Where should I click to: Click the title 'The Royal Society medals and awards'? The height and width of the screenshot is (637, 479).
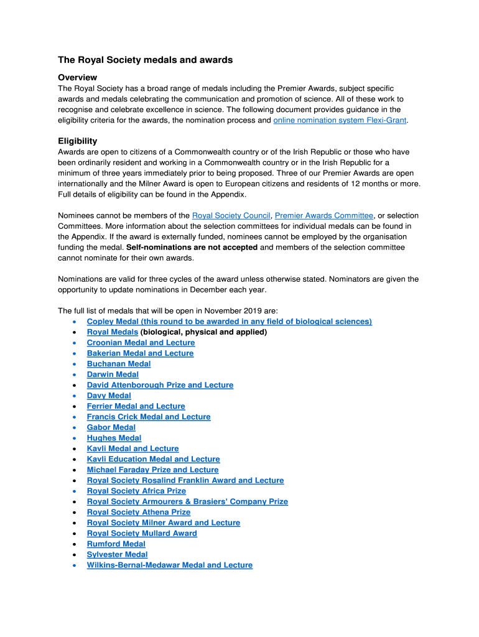pos(145,60)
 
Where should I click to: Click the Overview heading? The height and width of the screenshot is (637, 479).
pos(77,77)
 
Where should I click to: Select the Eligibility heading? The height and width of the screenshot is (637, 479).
pos(77,141)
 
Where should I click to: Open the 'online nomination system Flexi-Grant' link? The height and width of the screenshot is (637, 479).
pos(340,120)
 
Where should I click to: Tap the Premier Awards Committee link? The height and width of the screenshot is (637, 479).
pos(323,216)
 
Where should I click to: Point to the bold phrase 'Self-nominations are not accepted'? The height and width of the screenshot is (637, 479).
pos(192,248)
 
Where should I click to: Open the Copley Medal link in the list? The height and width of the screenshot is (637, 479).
pos(229,322)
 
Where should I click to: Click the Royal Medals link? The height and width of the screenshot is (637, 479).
pos(112,332)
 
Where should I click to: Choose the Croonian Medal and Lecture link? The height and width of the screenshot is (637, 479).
pos(141,343)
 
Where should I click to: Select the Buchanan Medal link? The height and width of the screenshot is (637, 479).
pos(119,364)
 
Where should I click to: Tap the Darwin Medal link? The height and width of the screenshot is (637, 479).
pos(113,374)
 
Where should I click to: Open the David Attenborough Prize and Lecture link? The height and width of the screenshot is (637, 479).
pos(160,385)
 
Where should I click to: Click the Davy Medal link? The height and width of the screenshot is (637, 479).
pos(109,396)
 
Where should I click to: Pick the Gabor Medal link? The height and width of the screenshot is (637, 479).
pos(111,427)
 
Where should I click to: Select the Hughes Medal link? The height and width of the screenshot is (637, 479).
pos(114,438)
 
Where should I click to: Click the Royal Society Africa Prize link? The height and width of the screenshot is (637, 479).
pos(136,491)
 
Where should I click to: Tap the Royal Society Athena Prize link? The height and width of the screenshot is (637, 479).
pos(138,512)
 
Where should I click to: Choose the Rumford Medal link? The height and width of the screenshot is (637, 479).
pos(116,544)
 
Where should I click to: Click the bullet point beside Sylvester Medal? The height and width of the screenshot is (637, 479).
pos(75,554)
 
